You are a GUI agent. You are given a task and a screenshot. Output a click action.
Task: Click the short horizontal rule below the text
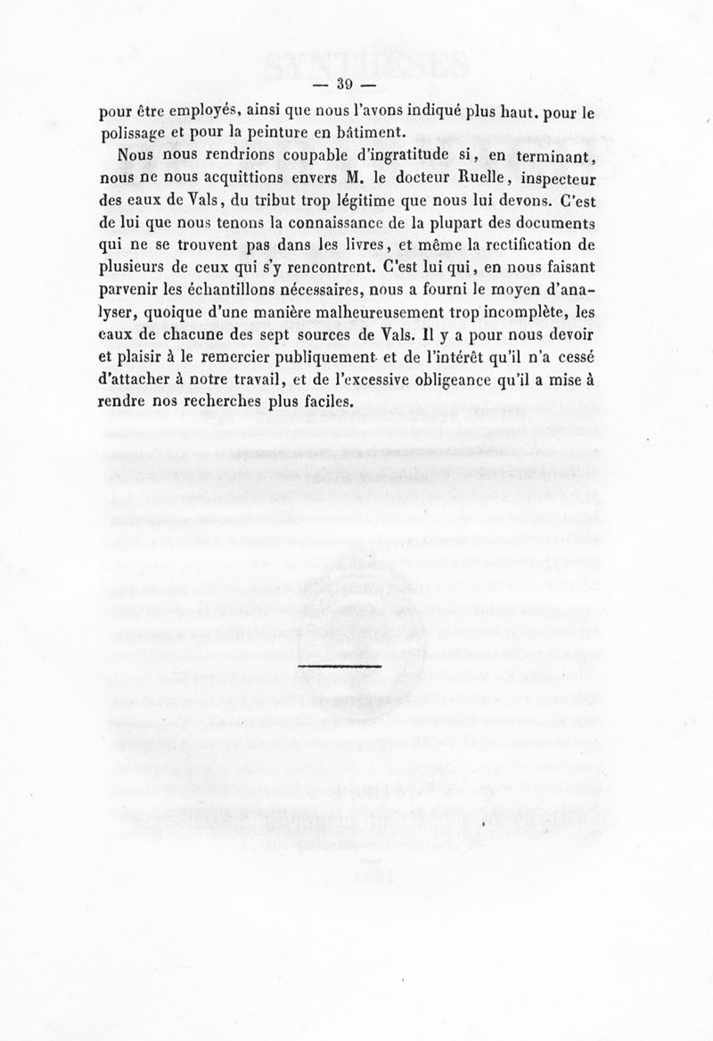pos(339,665)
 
